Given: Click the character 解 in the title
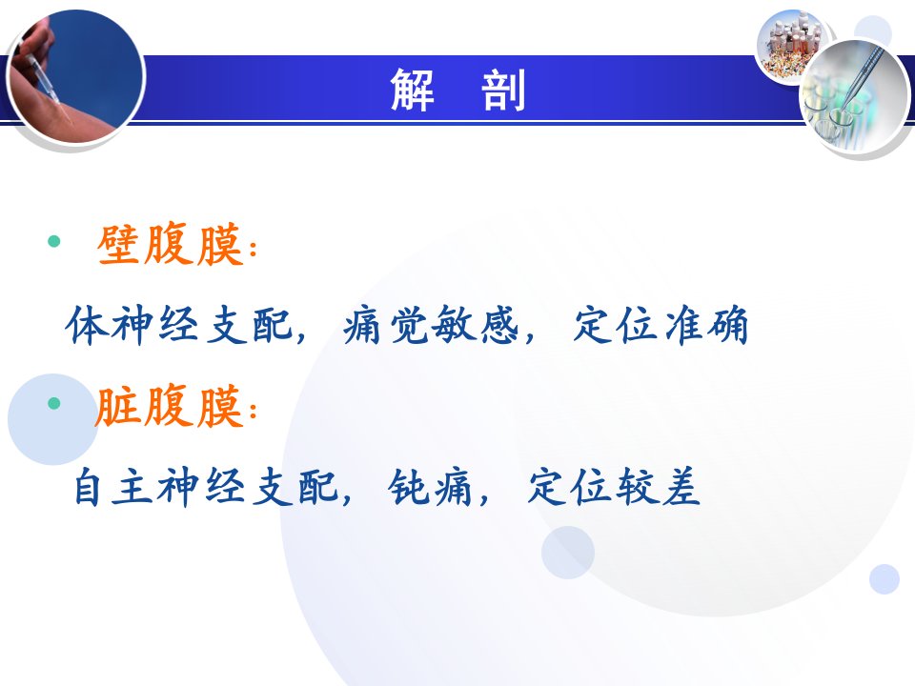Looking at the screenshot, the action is click(412, 90).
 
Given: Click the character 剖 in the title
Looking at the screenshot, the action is click(503, 90).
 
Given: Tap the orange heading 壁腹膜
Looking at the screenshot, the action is click(170, 245).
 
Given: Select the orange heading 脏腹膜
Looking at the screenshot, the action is click(170, 407).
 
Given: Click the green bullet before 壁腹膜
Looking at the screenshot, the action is click(54, 241).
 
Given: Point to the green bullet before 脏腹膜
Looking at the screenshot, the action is click(54, 402).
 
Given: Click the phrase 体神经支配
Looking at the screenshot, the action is click(178, 324).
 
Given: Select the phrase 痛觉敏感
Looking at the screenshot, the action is click(431, 324).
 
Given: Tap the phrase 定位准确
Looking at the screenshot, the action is click(661, 324).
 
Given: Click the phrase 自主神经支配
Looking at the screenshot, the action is click(206, 487).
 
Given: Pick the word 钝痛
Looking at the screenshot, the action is click(430, 487).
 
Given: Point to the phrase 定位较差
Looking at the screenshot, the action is click(614, 487).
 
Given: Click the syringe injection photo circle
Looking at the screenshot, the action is click(75, 76).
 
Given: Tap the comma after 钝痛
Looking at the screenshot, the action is click(483, 498).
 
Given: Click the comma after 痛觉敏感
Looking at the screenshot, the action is click(529, 336).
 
